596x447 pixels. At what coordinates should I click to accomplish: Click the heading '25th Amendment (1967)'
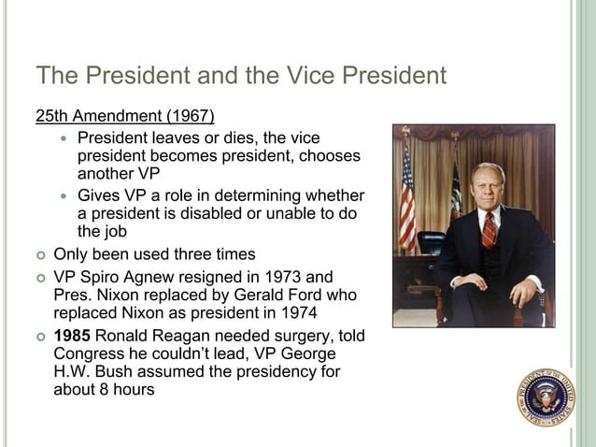tap(125, 117)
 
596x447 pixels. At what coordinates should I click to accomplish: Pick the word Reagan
tap(183, 337)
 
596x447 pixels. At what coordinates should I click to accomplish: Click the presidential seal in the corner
tap(546, 397)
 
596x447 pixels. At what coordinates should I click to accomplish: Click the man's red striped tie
tap(489, 228)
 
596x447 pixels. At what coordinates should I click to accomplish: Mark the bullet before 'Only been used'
tap(41, 254)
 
